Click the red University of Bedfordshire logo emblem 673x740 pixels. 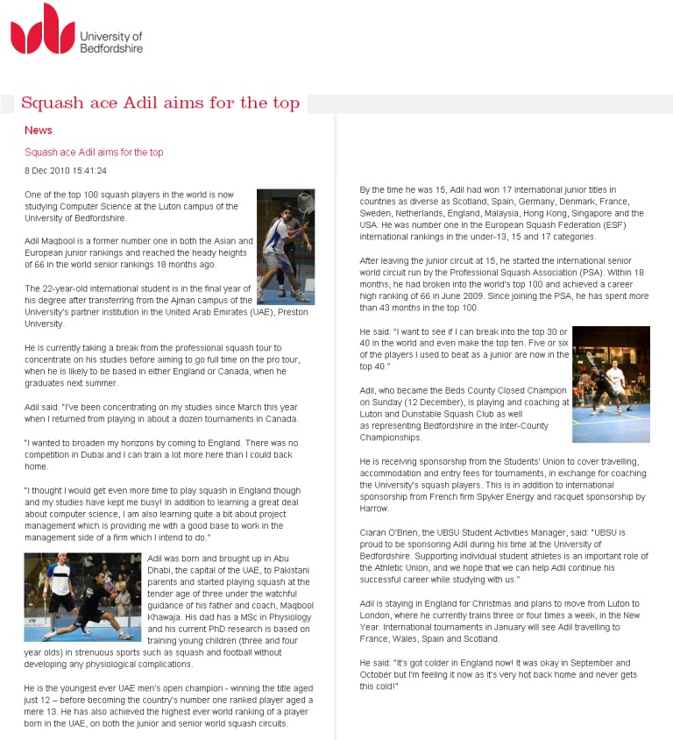[x=42, y=29]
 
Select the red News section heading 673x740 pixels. [x=39, y=131]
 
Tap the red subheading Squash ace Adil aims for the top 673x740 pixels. [x=94, y=153]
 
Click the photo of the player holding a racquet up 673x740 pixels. [x=285, y=246]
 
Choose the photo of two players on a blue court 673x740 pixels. [x=611, y=384]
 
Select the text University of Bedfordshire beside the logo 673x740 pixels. [x=111, y=43]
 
